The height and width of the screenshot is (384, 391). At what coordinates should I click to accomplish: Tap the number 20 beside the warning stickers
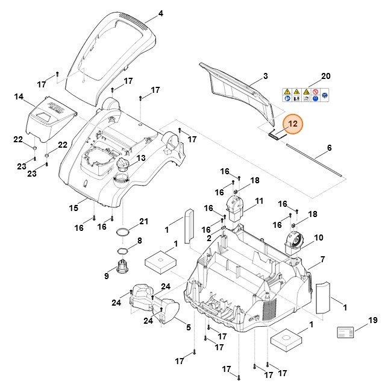[326, 76]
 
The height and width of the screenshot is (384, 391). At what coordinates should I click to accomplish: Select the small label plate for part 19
[345, 333]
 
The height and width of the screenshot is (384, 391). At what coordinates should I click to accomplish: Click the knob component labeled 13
[124, 167]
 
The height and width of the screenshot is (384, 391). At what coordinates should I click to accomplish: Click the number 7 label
[339, 259]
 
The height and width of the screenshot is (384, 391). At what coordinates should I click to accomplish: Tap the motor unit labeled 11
[234, 208]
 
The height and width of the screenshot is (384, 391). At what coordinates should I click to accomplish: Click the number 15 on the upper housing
[74, 209]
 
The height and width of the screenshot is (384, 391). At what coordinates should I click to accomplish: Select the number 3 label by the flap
[266, 76]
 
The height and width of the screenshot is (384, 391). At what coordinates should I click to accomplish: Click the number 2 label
[208, 239]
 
